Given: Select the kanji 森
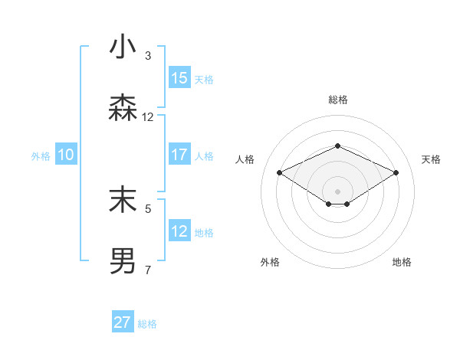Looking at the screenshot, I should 123,108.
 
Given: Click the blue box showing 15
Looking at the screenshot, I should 179,78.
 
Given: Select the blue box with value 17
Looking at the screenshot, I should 179,155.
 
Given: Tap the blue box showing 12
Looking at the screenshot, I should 179,231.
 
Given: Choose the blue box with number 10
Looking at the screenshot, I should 66,155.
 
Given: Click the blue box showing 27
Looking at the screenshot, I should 123,322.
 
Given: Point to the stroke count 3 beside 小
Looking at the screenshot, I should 148,55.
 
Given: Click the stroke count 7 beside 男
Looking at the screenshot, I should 148,270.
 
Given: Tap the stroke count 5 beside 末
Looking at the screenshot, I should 148,208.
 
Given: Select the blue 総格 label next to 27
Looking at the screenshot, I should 147,324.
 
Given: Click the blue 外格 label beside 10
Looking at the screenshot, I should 41,155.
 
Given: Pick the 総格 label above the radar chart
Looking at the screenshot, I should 337,100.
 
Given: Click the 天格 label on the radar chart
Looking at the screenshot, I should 432,159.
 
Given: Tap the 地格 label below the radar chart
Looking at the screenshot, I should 402,262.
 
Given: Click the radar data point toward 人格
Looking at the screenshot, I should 279,172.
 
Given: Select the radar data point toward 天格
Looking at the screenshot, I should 396,172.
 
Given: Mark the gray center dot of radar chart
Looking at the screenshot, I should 337,191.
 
